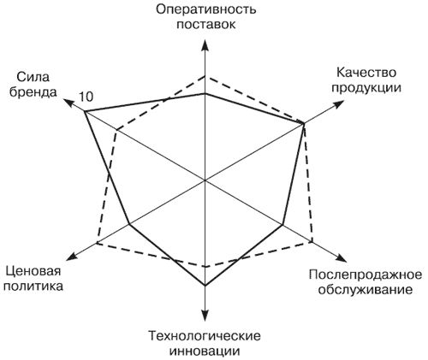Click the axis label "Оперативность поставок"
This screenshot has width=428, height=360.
206,16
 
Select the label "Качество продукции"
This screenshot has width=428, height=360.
366,80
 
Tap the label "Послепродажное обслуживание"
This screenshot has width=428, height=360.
366,282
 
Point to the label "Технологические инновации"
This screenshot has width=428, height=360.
205,343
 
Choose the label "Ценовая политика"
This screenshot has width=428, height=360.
33,278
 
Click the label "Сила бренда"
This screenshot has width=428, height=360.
33,85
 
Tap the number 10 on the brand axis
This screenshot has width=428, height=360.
86,97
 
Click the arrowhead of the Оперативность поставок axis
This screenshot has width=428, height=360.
205,46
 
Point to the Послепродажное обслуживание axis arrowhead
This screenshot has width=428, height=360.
341,258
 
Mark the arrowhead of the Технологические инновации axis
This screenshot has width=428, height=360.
205,315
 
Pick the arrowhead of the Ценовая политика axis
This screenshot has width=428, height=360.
72,257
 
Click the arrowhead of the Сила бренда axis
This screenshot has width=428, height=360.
69,103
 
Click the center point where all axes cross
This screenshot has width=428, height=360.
205,180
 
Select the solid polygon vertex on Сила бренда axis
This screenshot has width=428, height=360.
85,111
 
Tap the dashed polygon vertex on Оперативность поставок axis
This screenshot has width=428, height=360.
205,76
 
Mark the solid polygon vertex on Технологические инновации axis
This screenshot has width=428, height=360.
205,286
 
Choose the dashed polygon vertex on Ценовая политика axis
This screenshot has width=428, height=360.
97,243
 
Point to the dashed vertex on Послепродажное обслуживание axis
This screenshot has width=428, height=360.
312,242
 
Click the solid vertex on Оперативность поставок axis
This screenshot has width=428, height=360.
205,93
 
